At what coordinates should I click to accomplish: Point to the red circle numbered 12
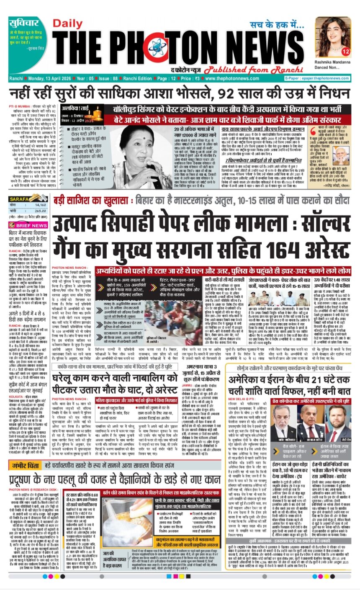point(345,52)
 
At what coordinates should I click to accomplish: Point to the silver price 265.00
point(41,211)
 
